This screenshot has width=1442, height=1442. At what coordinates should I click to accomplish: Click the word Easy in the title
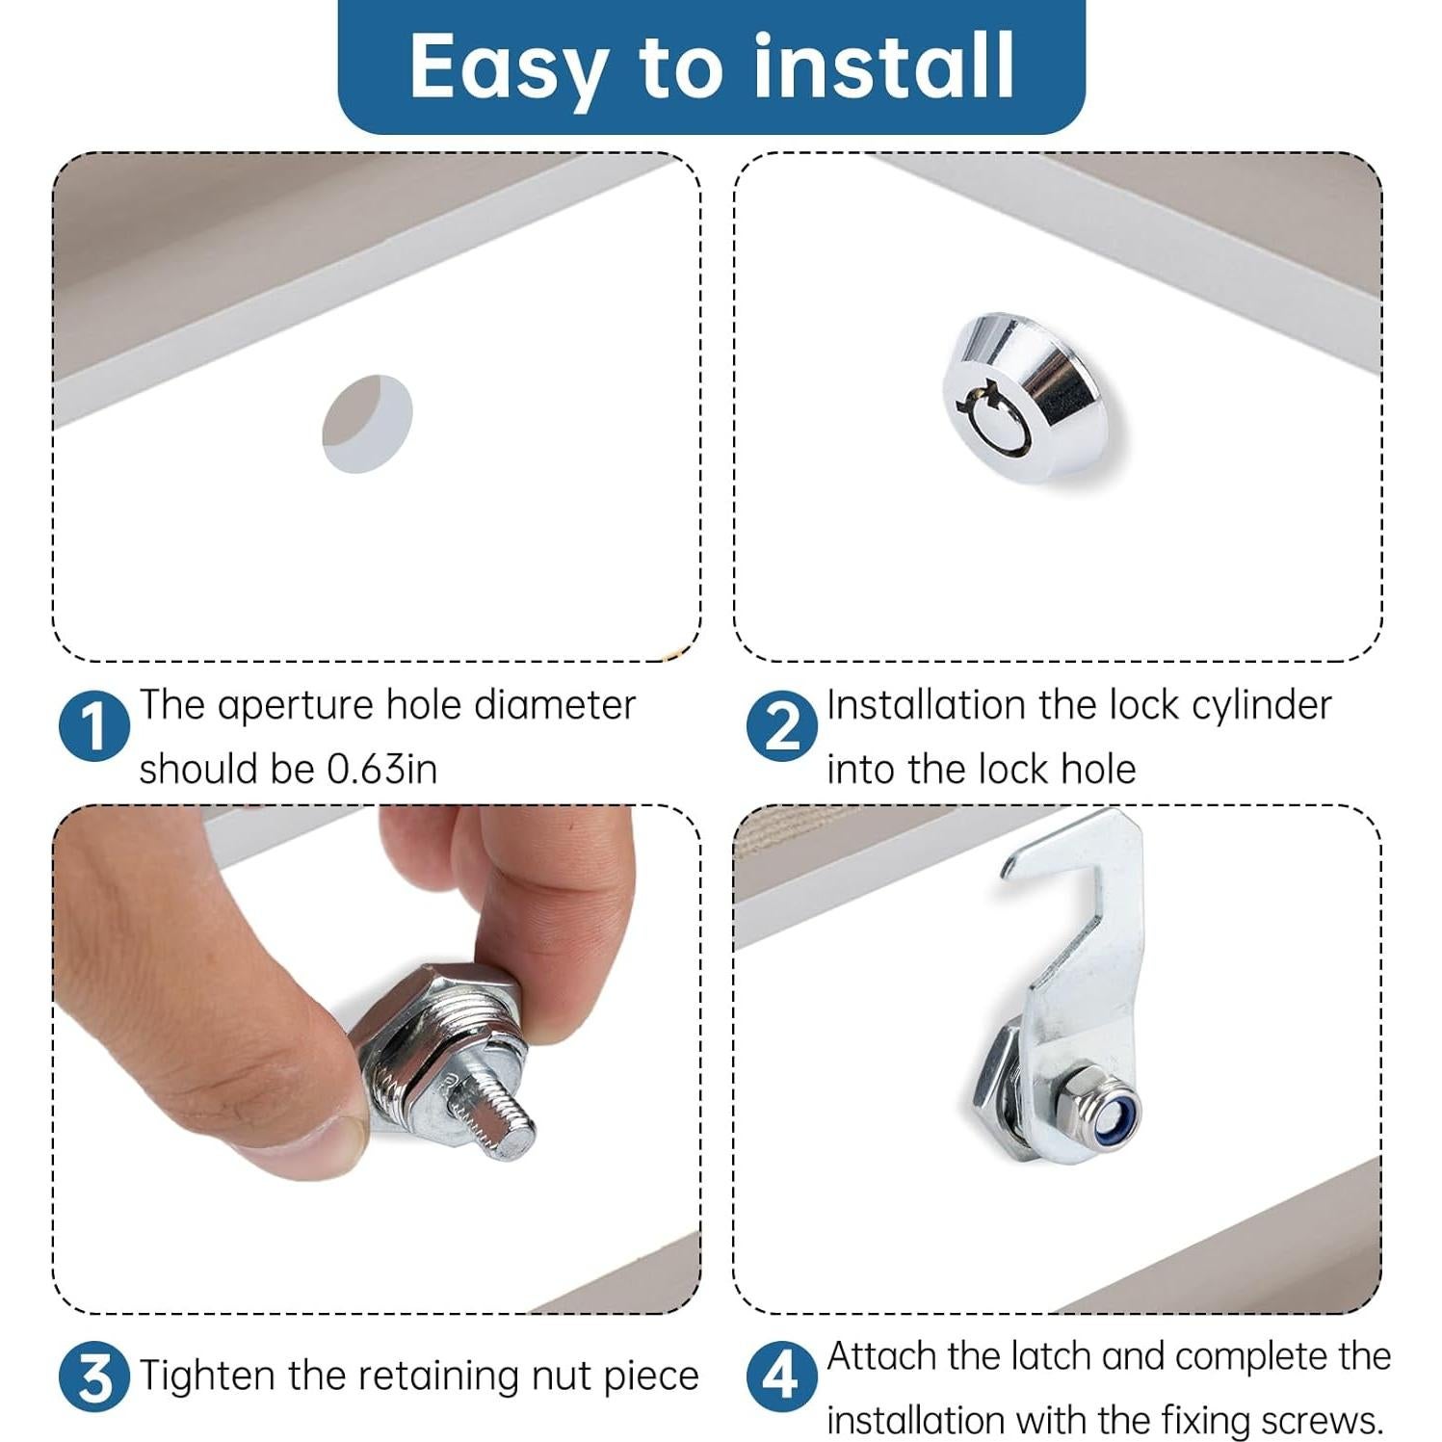508,67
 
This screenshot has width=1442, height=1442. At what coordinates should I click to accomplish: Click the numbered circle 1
93,725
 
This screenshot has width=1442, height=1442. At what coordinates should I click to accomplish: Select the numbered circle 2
781,725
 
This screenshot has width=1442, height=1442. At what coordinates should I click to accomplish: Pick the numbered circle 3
93,1377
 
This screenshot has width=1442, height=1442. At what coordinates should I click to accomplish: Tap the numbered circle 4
781,1377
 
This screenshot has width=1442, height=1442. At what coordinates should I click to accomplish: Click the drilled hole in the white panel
367,424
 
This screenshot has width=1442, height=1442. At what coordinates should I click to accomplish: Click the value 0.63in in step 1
381,770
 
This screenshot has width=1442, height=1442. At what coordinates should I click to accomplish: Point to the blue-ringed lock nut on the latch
1095,1101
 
